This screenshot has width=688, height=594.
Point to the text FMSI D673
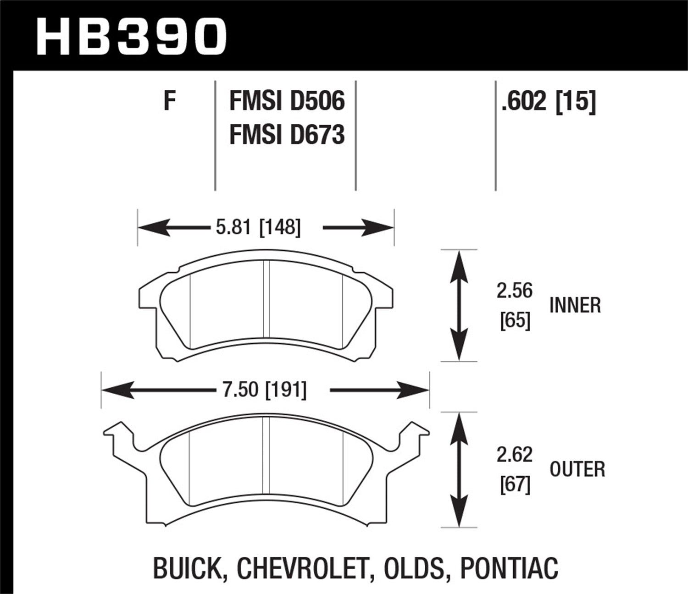[287, 135]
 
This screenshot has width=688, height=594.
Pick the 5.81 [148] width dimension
[258, 227]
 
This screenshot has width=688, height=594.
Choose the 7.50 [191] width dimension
[261, 390]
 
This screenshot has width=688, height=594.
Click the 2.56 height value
[515, 291]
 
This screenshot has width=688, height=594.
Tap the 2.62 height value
[515, 455]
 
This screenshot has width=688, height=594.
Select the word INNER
[575, 305]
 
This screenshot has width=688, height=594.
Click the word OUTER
[577, 469]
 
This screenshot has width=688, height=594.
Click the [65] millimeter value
[515, 320]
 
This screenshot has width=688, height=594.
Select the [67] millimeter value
[515, 484]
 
